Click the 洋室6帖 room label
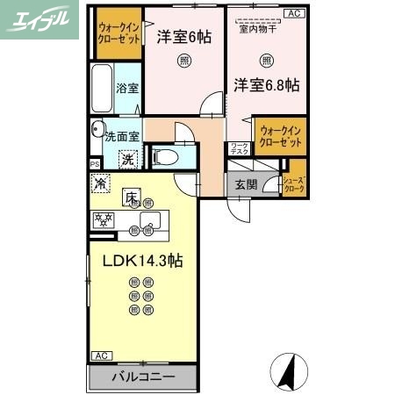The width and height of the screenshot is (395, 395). click(x=183, y=38)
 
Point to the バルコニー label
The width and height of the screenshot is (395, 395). click(x=143, y=377)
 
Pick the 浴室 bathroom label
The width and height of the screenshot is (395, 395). click(x=127, y=89)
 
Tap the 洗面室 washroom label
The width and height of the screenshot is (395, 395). click(x=122, y=137)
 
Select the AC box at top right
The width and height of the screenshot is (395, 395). click(x=294, y=13)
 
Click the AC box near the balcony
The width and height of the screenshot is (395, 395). click(x=101, y=355)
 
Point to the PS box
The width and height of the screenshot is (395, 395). click(x=94, y=163)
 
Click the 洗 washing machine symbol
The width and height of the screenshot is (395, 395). click(x=127, y=160)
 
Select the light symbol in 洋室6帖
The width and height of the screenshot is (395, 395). click(x=183, y=61)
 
